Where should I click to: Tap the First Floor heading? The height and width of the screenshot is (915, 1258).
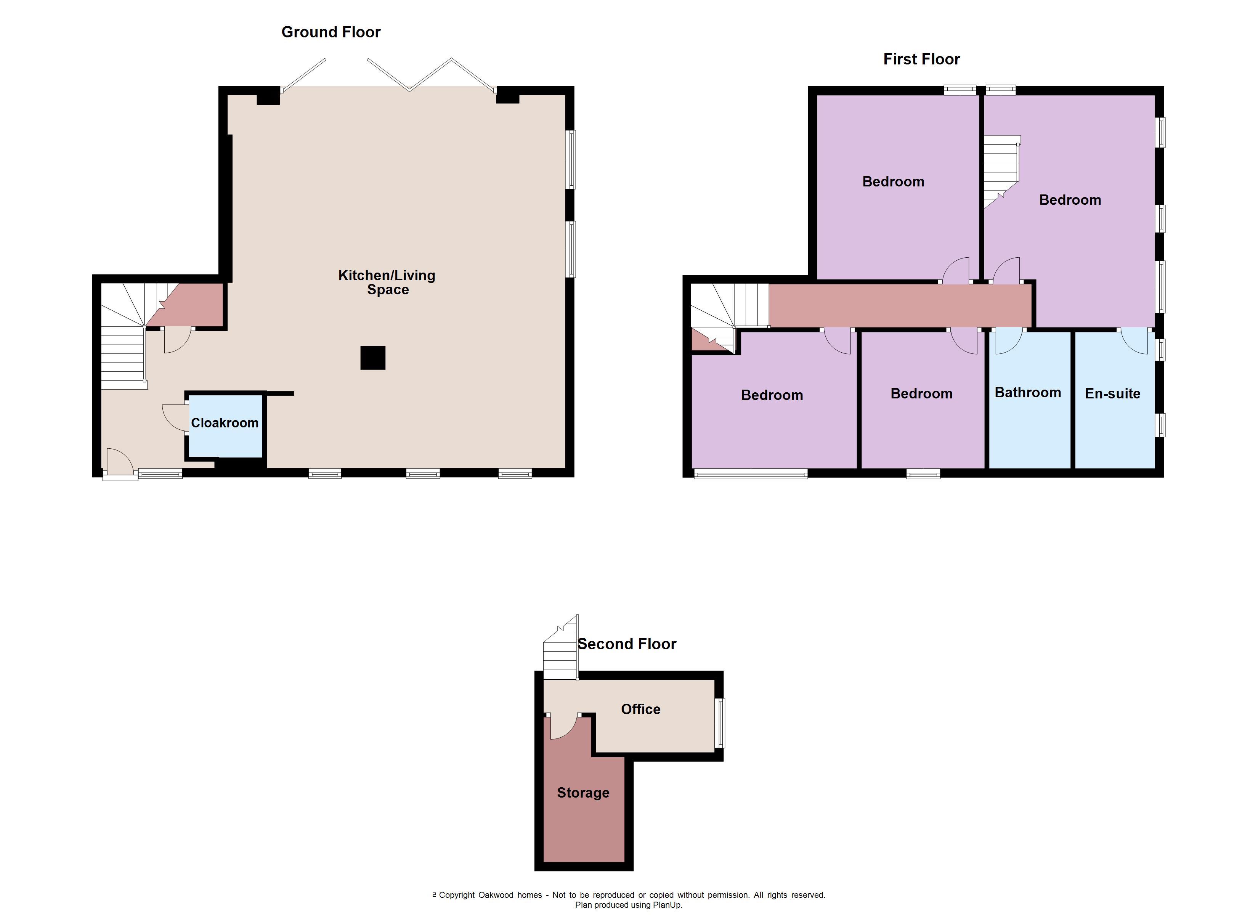(921, 59)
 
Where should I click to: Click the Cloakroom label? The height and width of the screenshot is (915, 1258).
(225, 423)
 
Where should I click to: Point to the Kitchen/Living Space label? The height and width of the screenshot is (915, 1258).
(387, 283)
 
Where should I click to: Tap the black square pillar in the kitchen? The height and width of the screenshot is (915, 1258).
(373, 358)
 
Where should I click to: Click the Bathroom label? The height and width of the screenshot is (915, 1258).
(1028, 393)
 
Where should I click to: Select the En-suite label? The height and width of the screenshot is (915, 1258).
(1113, 394)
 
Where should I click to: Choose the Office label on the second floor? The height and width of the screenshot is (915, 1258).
(641, 709)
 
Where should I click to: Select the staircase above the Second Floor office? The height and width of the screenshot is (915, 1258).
(561, 648)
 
